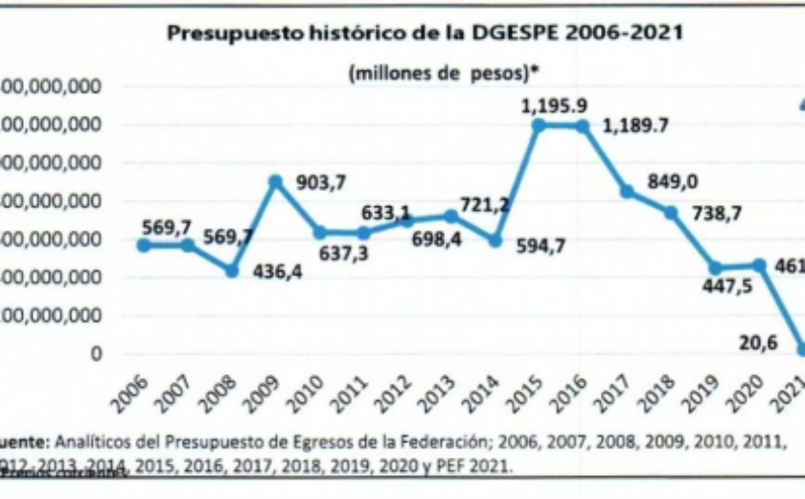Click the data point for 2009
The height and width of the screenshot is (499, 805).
point(276,180)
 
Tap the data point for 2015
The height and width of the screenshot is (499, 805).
point(539,125)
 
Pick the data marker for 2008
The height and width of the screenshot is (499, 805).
point(231,272)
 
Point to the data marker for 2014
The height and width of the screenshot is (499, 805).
point(494,240)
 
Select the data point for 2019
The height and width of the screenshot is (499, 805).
point(715,269)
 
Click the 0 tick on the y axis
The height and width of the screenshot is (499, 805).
point(95,354)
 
